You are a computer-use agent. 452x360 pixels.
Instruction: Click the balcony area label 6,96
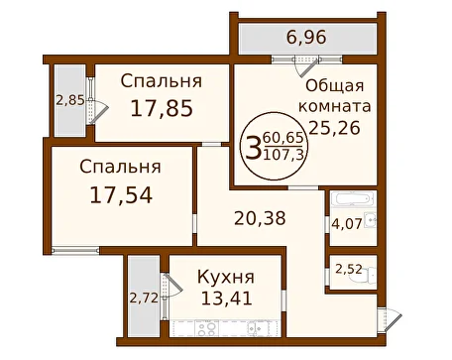point(306,37)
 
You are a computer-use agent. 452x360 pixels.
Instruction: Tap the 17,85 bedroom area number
point(162,109)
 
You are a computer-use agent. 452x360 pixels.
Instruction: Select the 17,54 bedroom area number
point(121,195)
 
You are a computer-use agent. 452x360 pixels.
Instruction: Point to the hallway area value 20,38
point(260,218)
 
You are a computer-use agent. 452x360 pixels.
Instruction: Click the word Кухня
point(226,277)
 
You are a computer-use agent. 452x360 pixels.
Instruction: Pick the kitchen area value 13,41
point(227,299)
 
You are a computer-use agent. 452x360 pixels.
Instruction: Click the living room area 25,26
point(334,128)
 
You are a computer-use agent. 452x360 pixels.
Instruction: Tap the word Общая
point(335,86)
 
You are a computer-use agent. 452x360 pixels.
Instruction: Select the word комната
point(335,106)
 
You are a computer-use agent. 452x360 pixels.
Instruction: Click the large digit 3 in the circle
point(253,149)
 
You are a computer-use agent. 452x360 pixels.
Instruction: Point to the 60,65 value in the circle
point(283,138)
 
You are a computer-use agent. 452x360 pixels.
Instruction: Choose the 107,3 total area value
point(283,155)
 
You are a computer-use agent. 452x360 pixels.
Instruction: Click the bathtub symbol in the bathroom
point(352,199)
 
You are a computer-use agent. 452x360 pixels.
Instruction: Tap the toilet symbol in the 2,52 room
point(367,273)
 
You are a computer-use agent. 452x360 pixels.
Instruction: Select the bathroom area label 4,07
point(347,224)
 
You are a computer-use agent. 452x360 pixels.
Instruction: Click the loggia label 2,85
point(70,100)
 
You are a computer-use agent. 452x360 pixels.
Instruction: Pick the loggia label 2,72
point(144,299)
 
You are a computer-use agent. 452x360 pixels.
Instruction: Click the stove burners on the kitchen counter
point(206,328)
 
